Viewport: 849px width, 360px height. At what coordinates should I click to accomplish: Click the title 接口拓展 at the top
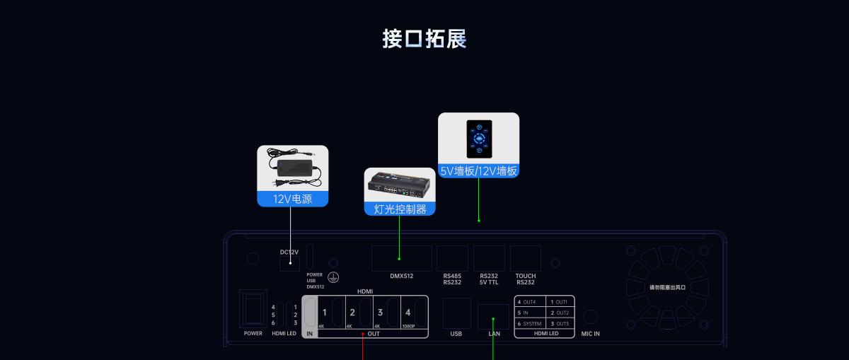(424, 38)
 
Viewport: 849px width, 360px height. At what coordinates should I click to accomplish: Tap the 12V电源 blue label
(292, 199)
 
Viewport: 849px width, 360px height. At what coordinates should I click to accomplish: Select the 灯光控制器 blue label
(400, 209)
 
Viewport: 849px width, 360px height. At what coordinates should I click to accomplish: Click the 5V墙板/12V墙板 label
(478, 170)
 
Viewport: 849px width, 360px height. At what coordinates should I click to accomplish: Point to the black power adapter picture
(292, 166)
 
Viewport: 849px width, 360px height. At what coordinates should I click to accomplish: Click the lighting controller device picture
(400, 186)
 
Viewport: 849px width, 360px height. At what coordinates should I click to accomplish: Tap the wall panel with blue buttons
(478, 139)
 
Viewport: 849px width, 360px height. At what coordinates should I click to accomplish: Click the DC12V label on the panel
(289, 252)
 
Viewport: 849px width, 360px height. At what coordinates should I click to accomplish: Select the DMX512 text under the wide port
(402, 276)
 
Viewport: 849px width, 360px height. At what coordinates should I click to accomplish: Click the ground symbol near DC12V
(333, 279)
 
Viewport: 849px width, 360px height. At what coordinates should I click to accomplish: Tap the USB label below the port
(456, 333)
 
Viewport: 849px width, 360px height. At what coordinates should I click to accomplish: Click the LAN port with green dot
(492, 315)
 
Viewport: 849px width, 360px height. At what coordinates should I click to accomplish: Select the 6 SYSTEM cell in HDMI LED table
(530, 323)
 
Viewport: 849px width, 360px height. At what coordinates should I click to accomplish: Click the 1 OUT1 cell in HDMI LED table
(559, 302)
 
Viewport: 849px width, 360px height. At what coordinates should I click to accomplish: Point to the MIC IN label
(591, 333)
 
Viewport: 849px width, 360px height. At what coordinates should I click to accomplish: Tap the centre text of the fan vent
(668, 287)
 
